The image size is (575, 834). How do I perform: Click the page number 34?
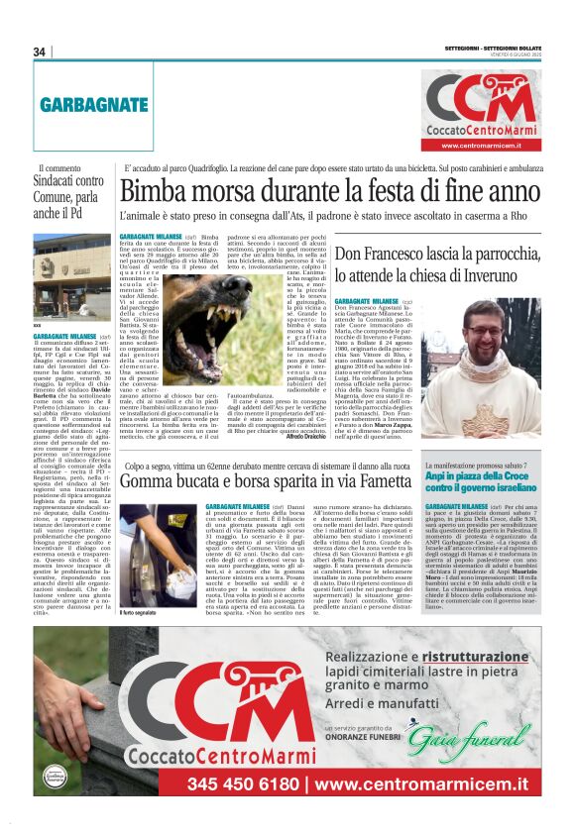point(40,52)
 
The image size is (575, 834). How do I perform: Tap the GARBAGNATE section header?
point(94,103)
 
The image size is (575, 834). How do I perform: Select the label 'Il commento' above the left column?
point(56,169)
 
